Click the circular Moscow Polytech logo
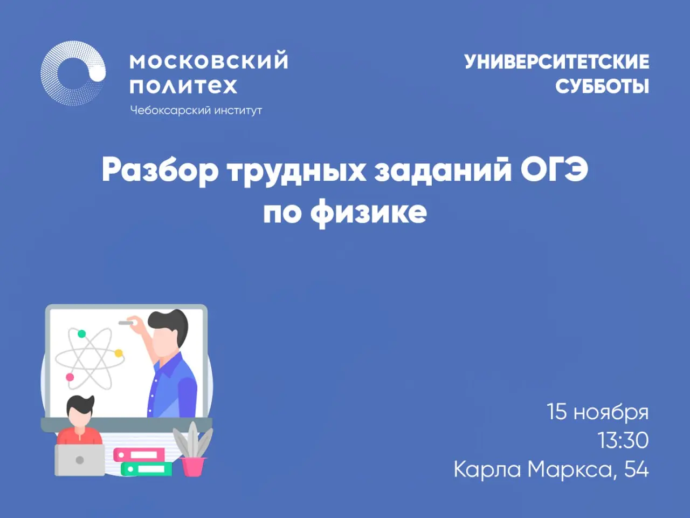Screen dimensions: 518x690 73,73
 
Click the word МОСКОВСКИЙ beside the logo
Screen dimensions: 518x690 209,61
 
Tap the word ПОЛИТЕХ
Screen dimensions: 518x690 183,86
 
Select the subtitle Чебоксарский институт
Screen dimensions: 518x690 196,110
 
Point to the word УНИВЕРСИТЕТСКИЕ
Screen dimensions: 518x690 556,62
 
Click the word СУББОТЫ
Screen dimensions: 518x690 602,86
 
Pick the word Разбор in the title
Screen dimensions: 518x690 160,170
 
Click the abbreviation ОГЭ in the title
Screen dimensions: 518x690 554,169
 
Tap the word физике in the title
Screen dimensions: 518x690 369,212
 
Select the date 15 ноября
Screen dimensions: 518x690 597,412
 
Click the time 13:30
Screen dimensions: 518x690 623,440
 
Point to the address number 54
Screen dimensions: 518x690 636,469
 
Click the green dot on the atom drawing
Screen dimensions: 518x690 82,334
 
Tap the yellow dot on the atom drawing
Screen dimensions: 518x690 119,353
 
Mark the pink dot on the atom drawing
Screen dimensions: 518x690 70,377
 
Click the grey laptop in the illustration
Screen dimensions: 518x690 80,460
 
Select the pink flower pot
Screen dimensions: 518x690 193,466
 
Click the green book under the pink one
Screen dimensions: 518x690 146,468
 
